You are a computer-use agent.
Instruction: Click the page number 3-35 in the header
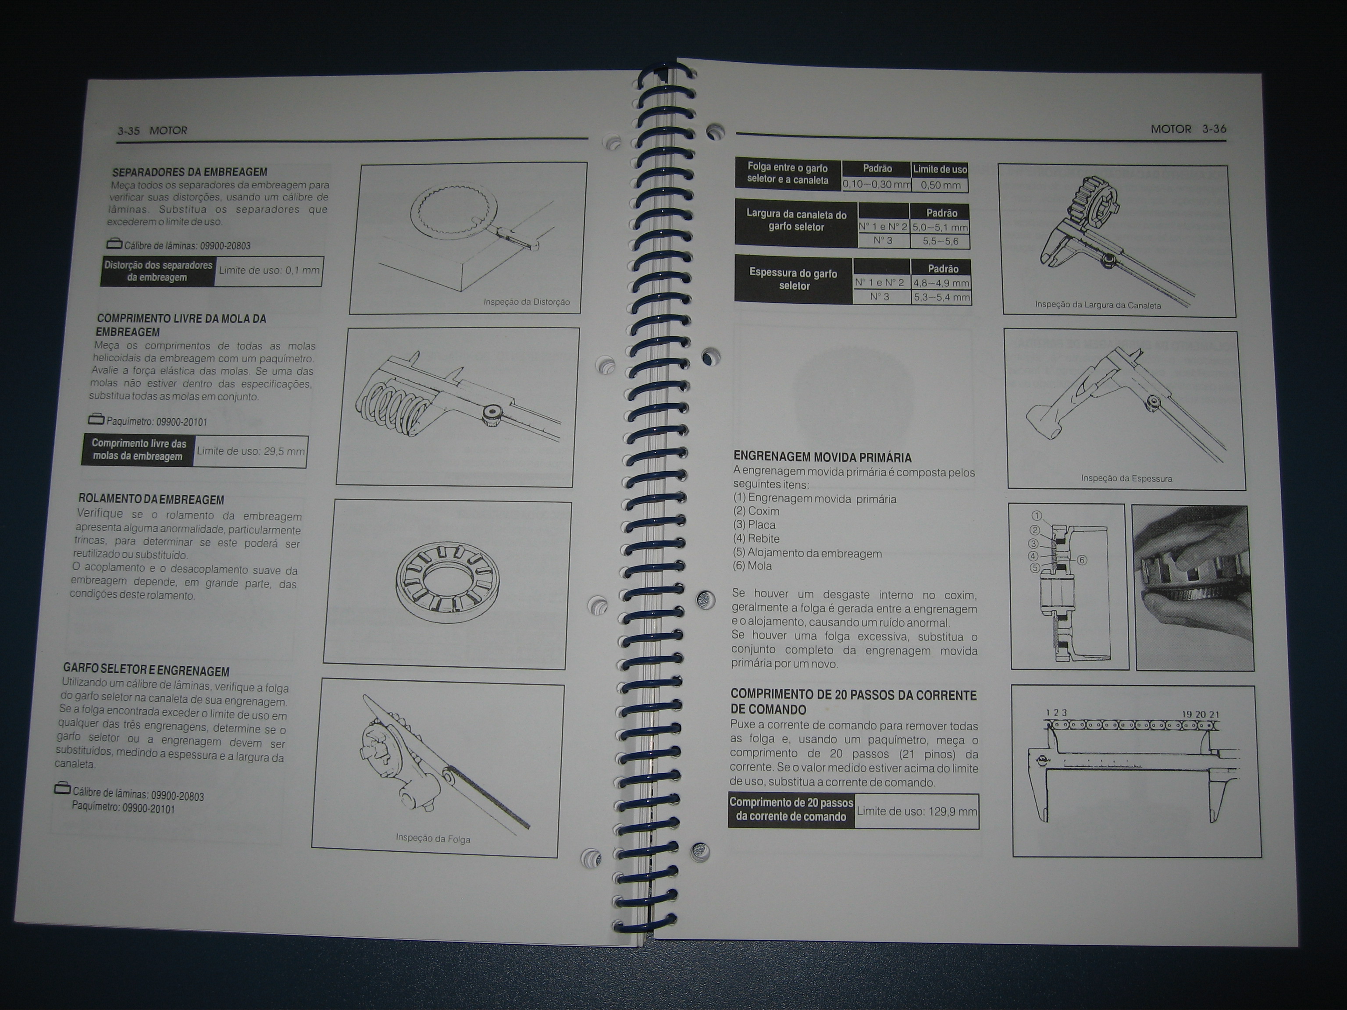tap(128, 131)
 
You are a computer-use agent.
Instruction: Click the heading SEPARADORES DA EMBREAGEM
tap(190, 172)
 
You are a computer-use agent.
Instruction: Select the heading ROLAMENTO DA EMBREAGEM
tap(151, 500)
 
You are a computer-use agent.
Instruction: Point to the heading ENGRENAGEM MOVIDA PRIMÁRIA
tap(822, 457)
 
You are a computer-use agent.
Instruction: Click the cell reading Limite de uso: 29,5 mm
tap(250, 452)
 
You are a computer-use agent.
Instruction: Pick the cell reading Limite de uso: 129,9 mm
tap(916, 811)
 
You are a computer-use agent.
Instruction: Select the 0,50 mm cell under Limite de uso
tap(940, 185)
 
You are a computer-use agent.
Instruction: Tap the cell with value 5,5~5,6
tap(940, 242)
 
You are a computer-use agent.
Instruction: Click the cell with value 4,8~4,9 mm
tap(941, 283)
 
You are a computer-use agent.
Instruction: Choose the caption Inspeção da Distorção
tap(527, 302)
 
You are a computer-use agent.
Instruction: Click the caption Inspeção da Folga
tap(433, 838)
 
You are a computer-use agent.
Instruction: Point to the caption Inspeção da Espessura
tap(1126, 479)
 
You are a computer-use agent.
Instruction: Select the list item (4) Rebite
tap(756, 539)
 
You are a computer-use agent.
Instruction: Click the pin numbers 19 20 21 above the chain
tap(1200, 715)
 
